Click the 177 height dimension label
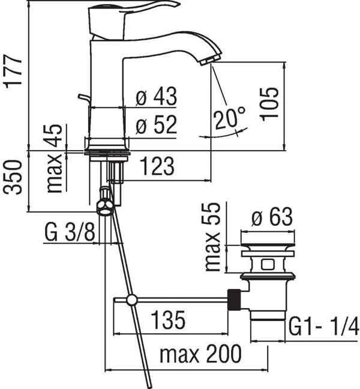[x=13, y=71]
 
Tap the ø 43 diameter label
[x=157, y=96]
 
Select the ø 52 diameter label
[x=157, y=124]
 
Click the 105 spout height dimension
[x=269, y=104]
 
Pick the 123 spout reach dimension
[x=157, y=166]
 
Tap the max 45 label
[x=55, y=158]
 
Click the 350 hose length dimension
[x=13, y=177]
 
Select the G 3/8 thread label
[x=70, y=233]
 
